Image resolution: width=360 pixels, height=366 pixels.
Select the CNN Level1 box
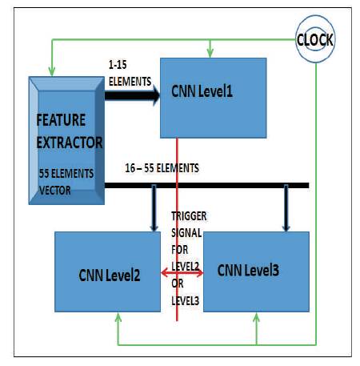pyautogui.click(x=213, y=98)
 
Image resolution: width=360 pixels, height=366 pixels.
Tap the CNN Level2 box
pyautogui.click(x=107, y=271)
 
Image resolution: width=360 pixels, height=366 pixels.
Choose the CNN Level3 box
pyautogui.click(x=256, y=271)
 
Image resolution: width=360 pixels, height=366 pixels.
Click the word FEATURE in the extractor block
pyautogui.click(x=61, y=120)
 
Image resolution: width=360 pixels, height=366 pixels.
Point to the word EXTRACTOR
pyautogui.click(x=70, y=143)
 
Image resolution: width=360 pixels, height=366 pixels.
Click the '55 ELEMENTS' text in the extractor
pyautogui.click(x=66, y=174)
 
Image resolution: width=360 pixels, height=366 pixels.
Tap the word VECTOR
pyautogui.click(x=55, y=191)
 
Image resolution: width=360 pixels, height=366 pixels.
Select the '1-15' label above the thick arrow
pyautogui.click(x=118, y=65)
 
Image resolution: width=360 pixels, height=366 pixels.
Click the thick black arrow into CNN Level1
pyautogui.click(x=132, y=95)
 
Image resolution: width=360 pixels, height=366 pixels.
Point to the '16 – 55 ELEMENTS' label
pyautogui.click(x=162, y=168)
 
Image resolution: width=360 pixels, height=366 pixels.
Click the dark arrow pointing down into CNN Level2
pyautogui.click(x=154, y=207)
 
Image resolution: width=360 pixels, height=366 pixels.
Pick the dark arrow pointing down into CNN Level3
pyautogui.click(x=286, y=207)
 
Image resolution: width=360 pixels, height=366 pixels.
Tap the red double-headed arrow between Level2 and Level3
pyautogui.click(x=182, y=273)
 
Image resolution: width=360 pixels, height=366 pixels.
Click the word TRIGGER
pyautogui.click(x=189, y=216)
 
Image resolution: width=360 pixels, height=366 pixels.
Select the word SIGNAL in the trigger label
pyautogui.click(x=186, y=233)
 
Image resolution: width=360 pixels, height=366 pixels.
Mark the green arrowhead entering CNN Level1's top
pyautogui.click(x=210, y=53)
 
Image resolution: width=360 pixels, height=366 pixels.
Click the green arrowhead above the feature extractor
pyautogui.click(x=52, y=71)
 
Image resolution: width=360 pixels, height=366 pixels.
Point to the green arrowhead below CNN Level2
pyautogui.click(x=118, y=317)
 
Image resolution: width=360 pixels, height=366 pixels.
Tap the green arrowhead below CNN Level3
pyautogui.click(x=256, y=317)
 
